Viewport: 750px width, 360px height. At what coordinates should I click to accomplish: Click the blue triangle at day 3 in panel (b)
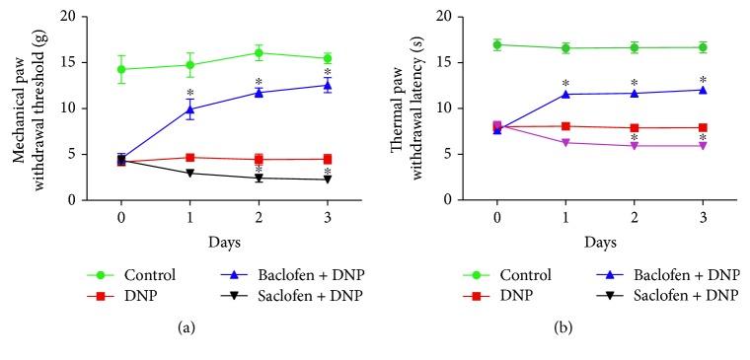[x=703, y=90]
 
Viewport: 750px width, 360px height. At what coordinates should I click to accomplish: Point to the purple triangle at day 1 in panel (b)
[x=565, y=143]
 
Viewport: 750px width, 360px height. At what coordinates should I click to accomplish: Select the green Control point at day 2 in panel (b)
[x=634, y=47]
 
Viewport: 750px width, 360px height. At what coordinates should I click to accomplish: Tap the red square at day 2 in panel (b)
[x=634, y=127]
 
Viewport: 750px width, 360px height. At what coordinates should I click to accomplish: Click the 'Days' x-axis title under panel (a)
[x=224, y=240]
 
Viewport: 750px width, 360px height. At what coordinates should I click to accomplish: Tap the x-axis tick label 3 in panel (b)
[x=703, y=215]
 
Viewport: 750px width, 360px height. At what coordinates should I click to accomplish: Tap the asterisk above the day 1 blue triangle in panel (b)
[x=565, y=84]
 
